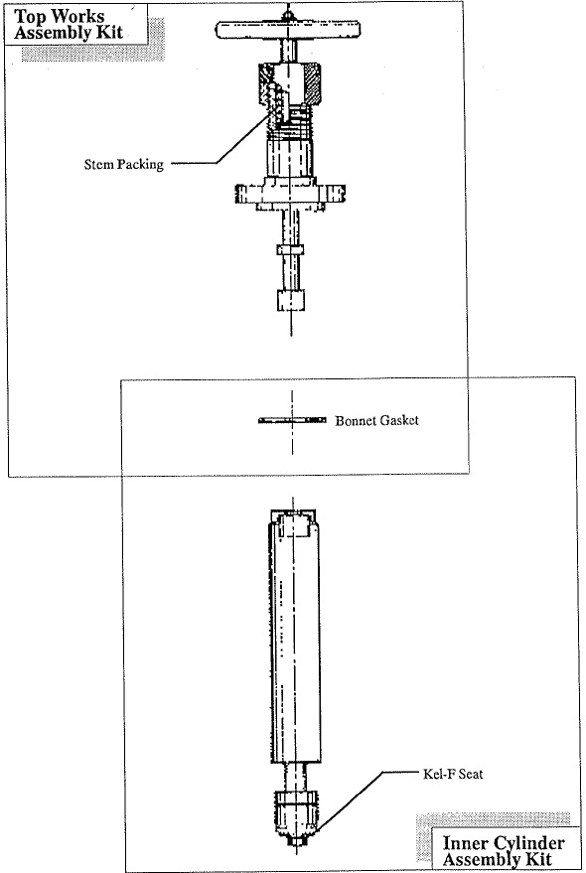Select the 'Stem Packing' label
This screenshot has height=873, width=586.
tap(124, 164)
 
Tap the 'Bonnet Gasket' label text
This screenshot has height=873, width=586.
tap(376, 420)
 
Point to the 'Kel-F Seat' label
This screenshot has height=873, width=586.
tap(453, 774)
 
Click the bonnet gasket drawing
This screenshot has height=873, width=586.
tap(292, 420)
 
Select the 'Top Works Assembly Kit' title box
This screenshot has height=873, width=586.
tap(76, 25)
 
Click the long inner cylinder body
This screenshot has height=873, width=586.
tap(294, 641)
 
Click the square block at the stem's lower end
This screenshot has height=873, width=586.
tap(291, 300)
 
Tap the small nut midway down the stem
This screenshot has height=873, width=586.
tap(291, 249)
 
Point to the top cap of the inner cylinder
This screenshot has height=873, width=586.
tap(294, 521)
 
